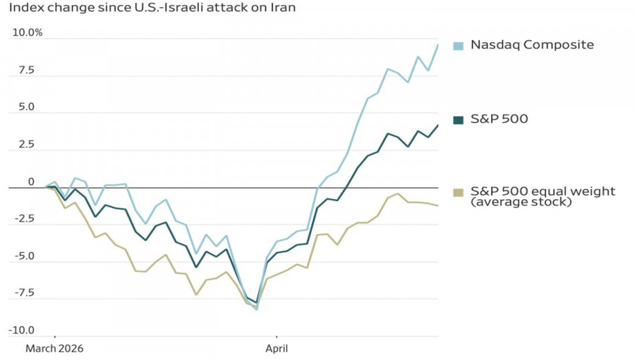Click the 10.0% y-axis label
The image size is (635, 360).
point(28,32)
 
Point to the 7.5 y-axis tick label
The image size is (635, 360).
point(27,70)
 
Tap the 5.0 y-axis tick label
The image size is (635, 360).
point(27,107)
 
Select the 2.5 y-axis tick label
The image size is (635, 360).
point(27,145)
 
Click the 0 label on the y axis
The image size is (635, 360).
point(31,182)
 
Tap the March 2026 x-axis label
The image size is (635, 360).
point(54,349)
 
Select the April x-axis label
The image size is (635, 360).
point(277,349)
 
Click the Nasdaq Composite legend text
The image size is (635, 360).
point(532,45)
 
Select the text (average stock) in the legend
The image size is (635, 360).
point(521,203)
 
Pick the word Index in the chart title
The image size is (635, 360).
point(24,8)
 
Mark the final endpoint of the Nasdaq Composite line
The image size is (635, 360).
point(437,45)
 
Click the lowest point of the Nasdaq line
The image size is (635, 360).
point(256,309)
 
